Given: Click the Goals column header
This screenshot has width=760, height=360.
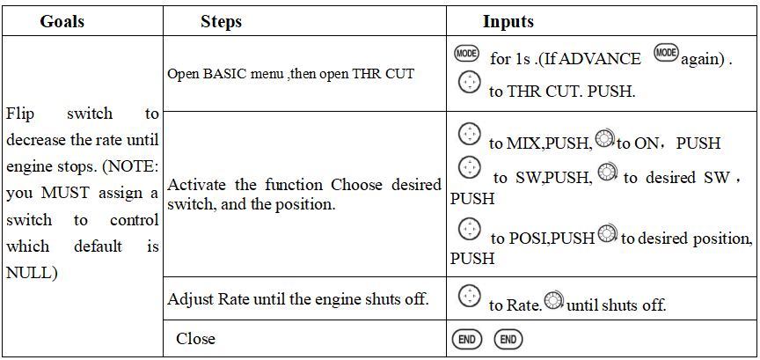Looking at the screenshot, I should coord(62,21).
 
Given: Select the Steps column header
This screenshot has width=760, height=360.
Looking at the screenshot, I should coord(221,21).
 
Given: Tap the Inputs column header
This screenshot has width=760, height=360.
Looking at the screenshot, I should coord(508,21).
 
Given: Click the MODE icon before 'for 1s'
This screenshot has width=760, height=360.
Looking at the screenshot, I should coord(466,54).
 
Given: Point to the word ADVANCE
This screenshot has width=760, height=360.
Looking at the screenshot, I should coord(600,59).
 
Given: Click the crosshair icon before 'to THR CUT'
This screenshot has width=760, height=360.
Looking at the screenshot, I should coord(471,84).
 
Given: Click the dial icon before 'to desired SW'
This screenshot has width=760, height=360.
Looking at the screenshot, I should coord(608,174).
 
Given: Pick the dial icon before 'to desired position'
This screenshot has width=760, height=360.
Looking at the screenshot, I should coord(607,235).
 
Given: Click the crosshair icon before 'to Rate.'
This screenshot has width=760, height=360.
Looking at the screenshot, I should coord(471,297).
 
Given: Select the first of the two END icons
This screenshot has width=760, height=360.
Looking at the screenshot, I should coord(466,339).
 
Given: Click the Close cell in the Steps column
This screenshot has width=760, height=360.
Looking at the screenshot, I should coord(195,339).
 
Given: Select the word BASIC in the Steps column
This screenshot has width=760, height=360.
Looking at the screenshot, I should coord(216,74).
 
